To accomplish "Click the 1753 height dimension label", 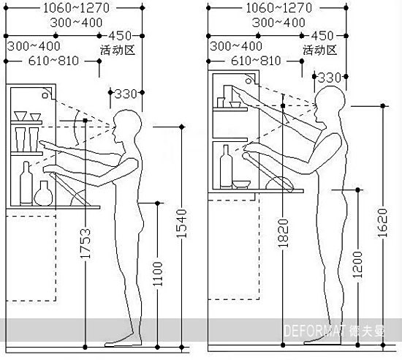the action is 86,243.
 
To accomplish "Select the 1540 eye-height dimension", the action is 182,223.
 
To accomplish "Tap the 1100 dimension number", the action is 158,274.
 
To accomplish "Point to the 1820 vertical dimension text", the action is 283,233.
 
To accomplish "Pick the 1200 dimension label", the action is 357,265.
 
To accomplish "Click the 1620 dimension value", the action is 383,222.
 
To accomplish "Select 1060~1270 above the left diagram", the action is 77,8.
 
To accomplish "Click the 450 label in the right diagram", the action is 322,36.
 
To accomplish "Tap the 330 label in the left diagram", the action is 126,94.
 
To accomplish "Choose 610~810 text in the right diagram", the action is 256,61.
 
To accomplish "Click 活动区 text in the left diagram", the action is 118,50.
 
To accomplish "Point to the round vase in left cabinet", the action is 43,193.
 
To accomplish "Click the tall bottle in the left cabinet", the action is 26,183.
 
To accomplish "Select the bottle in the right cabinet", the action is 226,167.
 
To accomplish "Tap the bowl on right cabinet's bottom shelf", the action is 241,184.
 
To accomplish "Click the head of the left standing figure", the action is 127,124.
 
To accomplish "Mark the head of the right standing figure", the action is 330,102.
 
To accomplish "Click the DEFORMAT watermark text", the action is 315,331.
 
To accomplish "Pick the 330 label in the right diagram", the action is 330,78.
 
